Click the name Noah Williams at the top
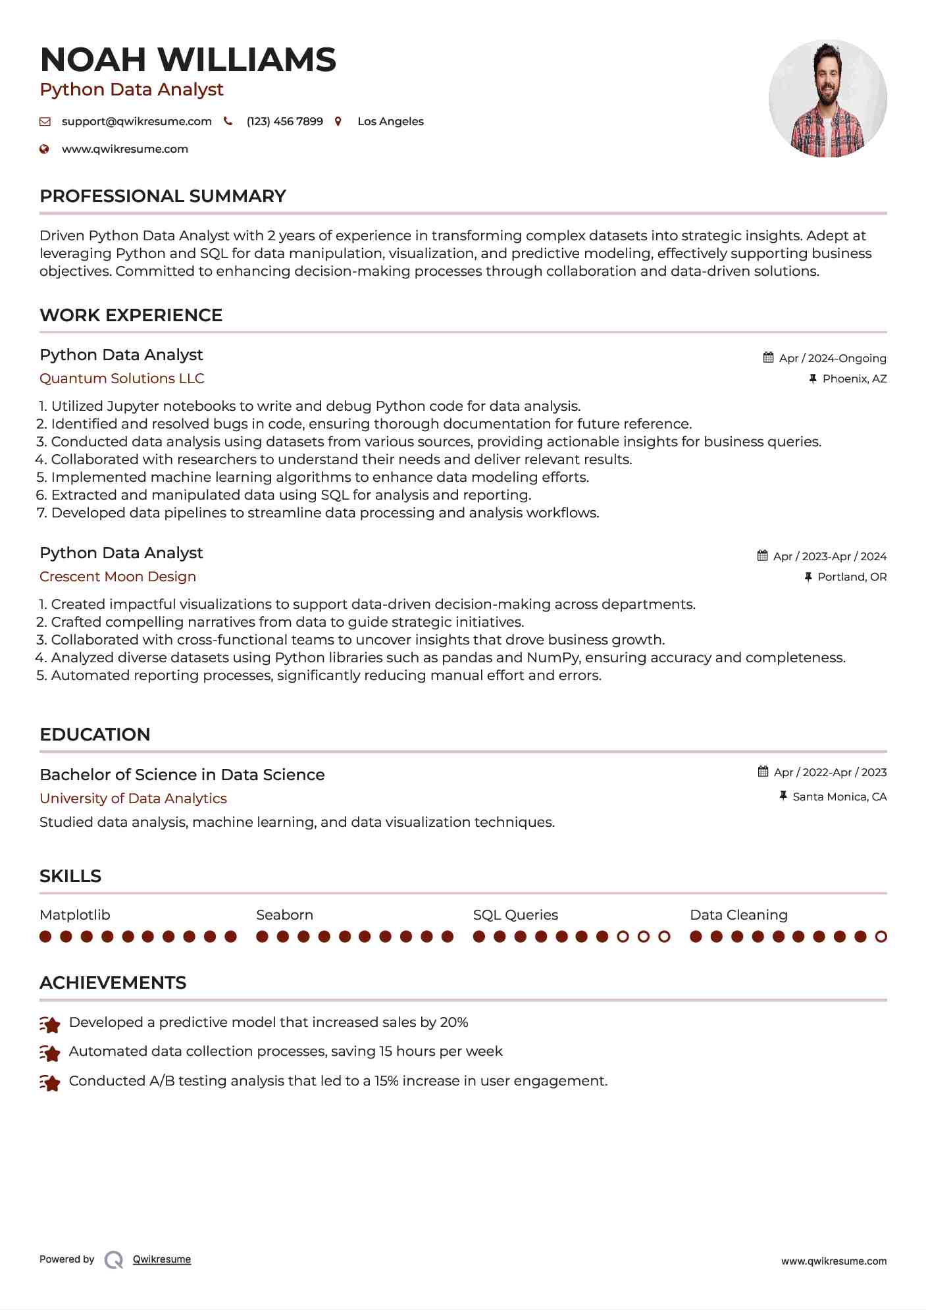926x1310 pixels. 188,60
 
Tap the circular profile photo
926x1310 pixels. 827,99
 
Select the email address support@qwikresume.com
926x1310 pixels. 136,122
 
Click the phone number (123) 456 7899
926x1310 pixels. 284,122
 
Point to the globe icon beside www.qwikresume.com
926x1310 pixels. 45,149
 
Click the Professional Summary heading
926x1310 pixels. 163,196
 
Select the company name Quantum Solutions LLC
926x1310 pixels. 122,379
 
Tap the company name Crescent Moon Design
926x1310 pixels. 118,577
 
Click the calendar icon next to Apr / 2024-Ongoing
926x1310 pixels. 768,357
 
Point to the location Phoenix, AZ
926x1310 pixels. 854,379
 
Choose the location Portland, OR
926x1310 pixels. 852,577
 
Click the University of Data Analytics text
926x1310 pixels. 133,799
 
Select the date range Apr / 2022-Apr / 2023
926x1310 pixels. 830,772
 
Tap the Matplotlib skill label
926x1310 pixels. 75,915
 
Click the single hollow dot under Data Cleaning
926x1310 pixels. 881,937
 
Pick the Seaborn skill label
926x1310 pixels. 284,915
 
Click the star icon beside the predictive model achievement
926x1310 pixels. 50,1024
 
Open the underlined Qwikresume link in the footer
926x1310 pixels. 162,1259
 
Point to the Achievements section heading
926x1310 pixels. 113,983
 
